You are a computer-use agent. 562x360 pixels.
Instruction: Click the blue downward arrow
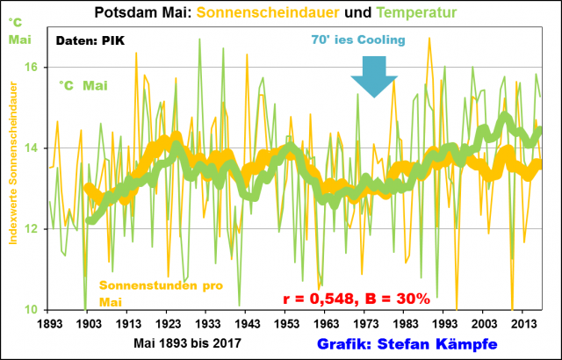point(374,76)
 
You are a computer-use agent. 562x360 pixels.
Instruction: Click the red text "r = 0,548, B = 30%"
point(357,299)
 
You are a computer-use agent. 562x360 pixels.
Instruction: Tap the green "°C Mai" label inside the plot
point(84,85)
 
